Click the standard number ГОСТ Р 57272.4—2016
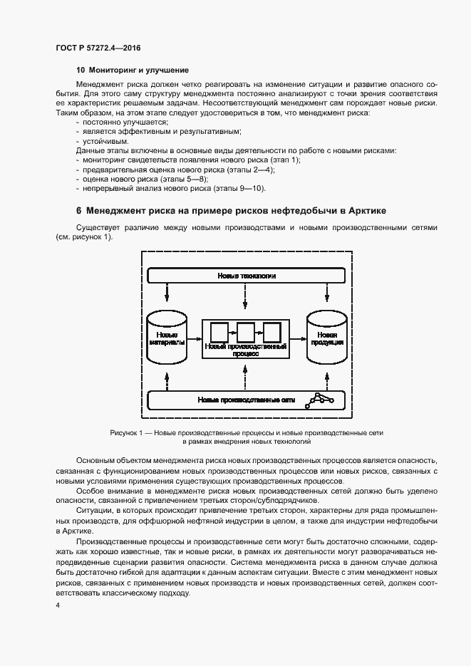[97, 47]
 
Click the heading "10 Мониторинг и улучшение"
[132, 70]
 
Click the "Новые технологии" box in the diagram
[246, 275]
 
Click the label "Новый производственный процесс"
[246, 349]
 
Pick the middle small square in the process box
[246, 332]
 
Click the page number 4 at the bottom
[57, 605]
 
